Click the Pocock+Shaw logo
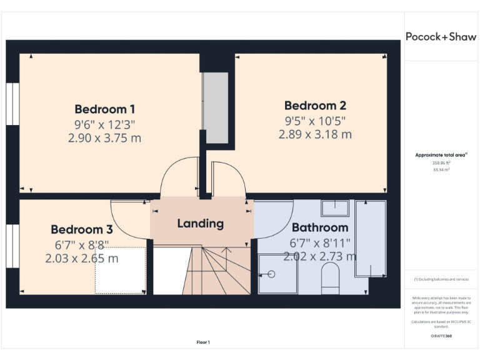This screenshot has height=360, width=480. pyautogui.click(x=441, y=36)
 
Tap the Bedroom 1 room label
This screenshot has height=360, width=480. pyautogui.click(x=105, y=109)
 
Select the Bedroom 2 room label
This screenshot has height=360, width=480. pyautogui.click(x=315, y=106)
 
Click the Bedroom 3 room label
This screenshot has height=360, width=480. pyautogui.click(x=82, y=229)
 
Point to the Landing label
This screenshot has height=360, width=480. pyautogui.click(x=200, y=223)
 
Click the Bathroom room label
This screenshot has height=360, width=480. pyautogui.click(x=320, y=227)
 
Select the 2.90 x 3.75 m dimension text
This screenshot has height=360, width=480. pyautogui.click(x=105, y=138)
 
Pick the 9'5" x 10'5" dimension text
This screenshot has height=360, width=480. pyautogui.click(x=315, y=121)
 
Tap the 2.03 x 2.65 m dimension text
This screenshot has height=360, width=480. pyautogui.click(x=82, y=258)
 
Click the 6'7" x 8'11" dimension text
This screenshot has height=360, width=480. pyautogui.click(x=320, y=242)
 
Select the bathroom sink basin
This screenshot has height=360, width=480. pyautogui.click(x=335, y=207)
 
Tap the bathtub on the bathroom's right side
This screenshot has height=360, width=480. pyautogui.click(x=370, y=239)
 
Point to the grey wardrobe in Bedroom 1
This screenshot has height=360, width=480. pyautogui.click(x=216, y=107)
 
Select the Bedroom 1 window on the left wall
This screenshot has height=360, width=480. pyautogui.click(x=12, y=104)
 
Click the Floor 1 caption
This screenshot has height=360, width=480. pyautogui.click(x=203, y=342)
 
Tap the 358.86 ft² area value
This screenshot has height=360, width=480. pyautogui.click(x=441, y=162)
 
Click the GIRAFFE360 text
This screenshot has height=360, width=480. pyautogui.click(x=441, y=336)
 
